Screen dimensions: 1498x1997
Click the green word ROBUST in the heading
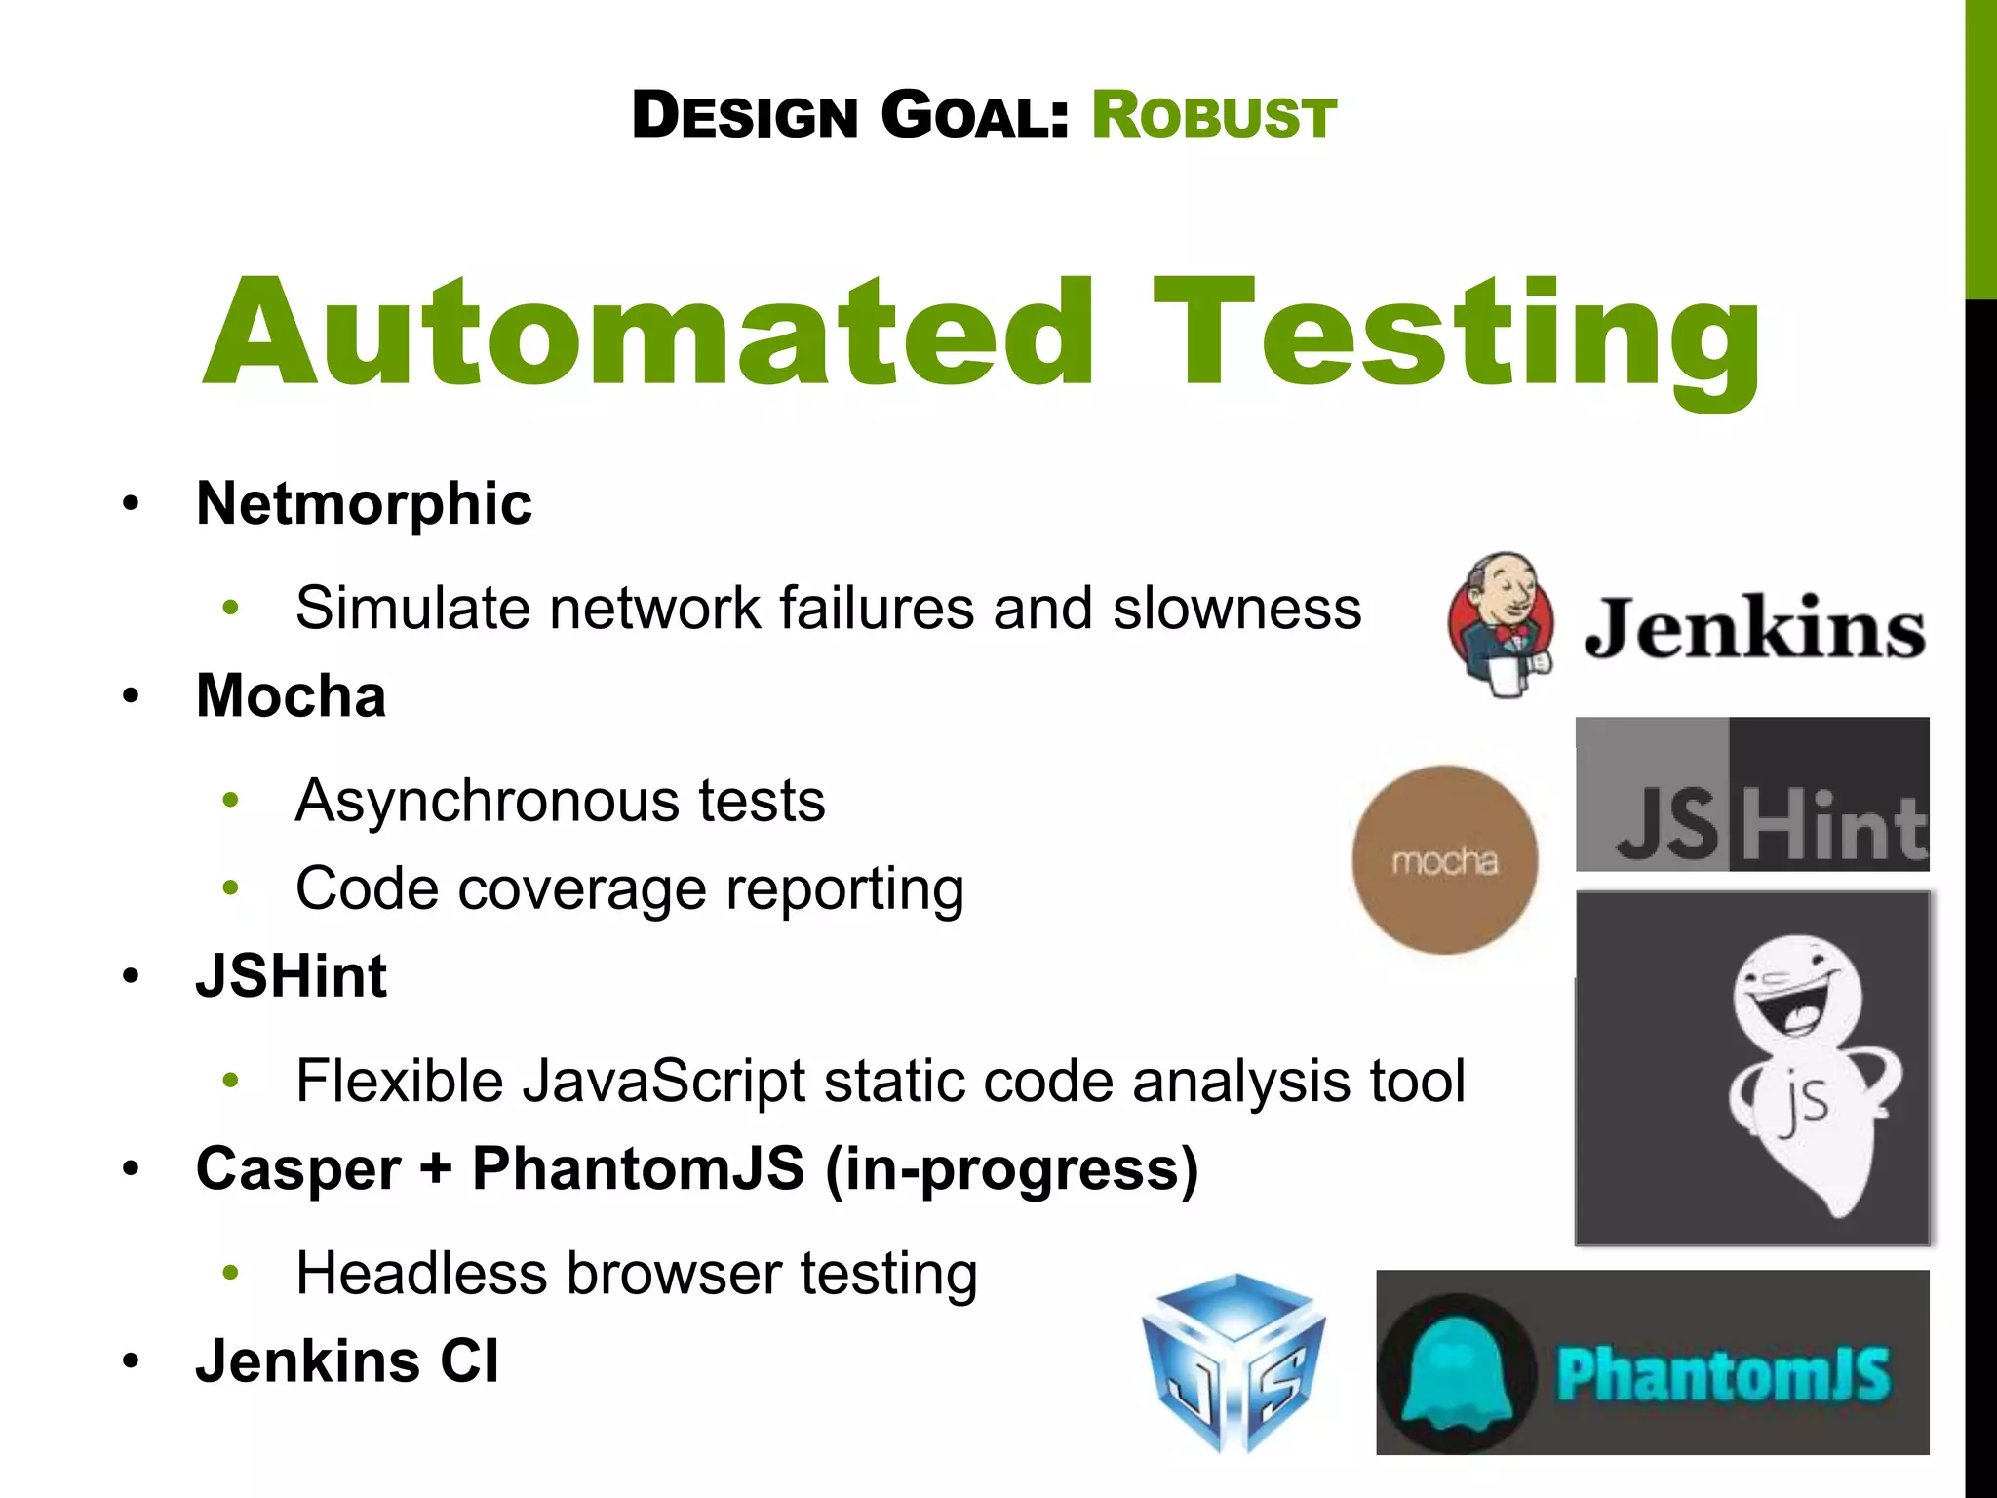tap(1213, 116)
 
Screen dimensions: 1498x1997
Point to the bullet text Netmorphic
tap(364, 504)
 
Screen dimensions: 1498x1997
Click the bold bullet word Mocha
tap(291, 696)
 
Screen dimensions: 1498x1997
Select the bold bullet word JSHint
tap(291, 976)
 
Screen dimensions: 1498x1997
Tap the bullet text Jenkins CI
tap(347, 1361)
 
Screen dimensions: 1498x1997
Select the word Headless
tap(421, 1274)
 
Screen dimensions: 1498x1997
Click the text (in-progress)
tap(1011, 1169)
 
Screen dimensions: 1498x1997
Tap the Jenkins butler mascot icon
tap(1500, 624)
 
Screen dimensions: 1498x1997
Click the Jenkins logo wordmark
tap(1753, 629)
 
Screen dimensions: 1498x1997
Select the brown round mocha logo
tap(1444, 860)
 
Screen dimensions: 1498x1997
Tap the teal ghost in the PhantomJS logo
tap(1456, 1373)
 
